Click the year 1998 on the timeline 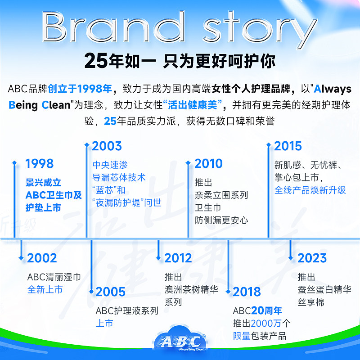coord(39,164)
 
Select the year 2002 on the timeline coord(42,258)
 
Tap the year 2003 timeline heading coord(107,146)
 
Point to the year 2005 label coord(110,292)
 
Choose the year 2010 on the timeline coord(208,163)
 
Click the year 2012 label coord(179,258)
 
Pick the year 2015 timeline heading coord(288,146)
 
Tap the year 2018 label coord(247,292)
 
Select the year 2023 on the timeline coord(312,258)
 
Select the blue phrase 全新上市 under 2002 coord(45,289)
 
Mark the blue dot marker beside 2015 coord(269,145)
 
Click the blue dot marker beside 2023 coord(291,258)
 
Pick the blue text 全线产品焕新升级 coord(310,190)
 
